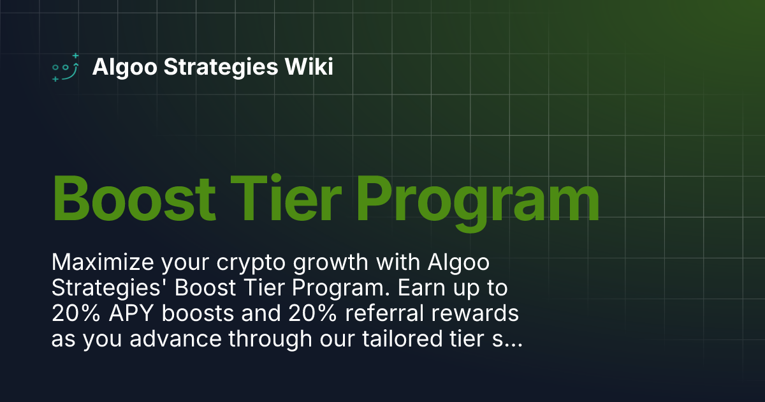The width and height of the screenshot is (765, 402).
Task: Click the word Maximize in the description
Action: (97, 262)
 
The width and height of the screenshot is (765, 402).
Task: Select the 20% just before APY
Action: (72, 314)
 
